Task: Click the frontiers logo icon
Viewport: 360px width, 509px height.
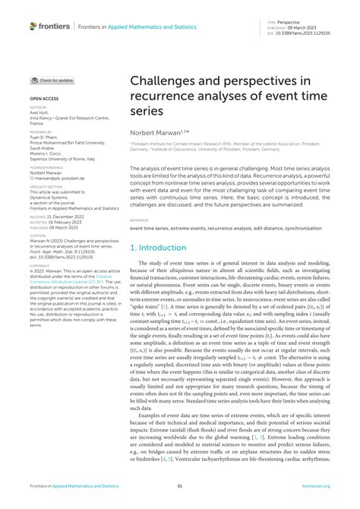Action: (33, 26)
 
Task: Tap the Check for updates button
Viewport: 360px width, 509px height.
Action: (52, 80)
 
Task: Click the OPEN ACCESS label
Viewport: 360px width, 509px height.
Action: (43, 99)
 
